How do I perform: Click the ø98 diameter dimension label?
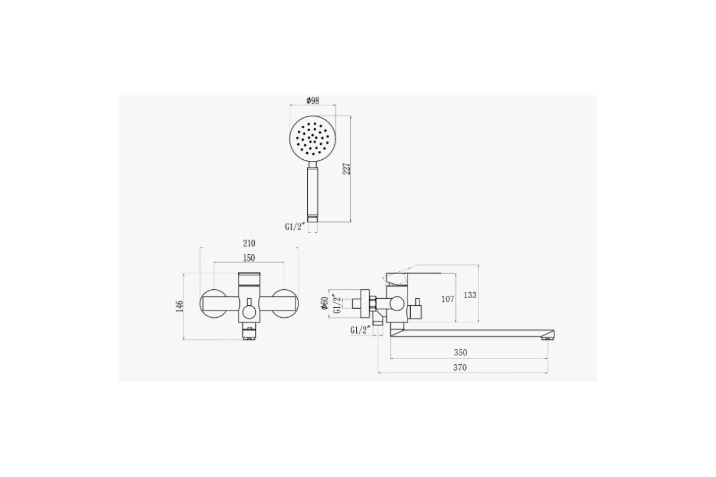pyautogui.click(x=313, y=101)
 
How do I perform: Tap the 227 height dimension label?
pyautogui.click(x=347, y=169)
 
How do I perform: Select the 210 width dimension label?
pyautogui.click(x=249, y=243)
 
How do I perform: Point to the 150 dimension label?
pyautogui.click(x=249, y=258)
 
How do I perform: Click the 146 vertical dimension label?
pyautogui.click(x=180, y=306)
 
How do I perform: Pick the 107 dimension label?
pyautogui.click(x=447, y=299)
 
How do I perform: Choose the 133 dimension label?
pyautogui.click(x=470, y=295)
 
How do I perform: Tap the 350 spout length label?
pyautogui.click(x=460, y=352)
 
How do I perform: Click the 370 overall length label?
pyautogui.click(x=460, y=368)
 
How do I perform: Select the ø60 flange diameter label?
pyautogui.click(x=325, y=303)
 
